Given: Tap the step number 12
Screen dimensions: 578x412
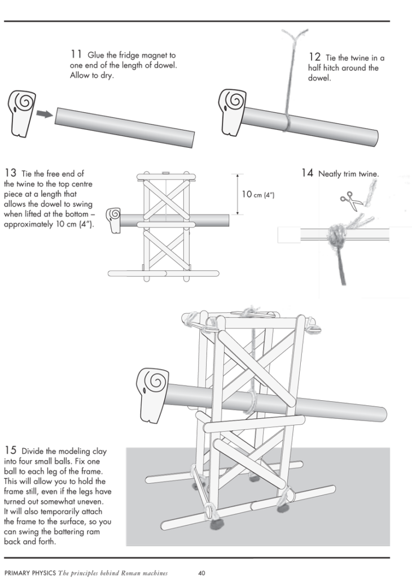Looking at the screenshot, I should point(315,57).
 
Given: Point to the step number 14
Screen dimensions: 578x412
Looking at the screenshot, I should point(307,173).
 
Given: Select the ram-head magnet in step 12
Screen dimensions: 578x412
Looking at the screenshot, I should point(233,111).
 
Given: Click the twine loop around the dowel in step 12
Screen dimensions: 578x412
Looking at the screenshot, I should point(287,122).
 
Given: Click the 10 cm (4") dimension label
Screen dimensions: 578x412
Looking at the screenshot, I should point(257,194).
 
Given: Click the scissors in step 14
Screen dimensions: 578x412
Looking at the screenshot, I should point(349,200).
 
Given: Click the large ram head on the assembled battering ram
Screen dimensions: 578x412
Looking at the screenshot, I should point(154,393).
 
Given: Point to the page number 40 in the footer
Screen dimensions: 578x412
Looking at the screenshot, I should point(201,573).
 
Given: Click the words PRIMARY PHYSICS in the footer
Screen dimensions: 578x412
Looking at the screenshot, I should point(27,573).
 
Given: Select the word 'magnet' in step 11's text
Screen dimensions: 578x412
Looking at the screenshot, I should point(163,56).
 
